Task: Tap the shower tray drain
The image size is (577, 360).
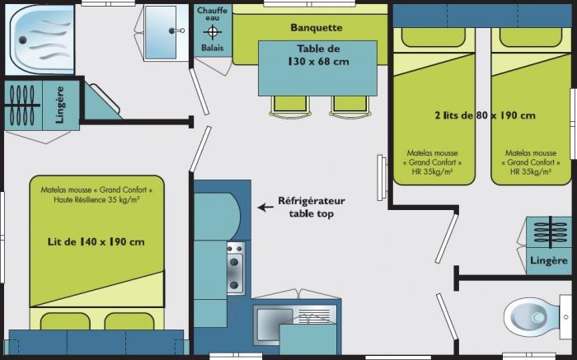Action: (x=22, y=40)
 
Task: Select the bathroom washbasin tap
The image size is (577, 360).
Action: (x=176, y=30)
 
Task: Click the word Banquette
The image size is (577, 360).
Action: (x=317, y=27)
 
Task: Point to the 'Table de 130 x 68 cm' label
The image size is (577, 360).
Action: (x=318, y=55)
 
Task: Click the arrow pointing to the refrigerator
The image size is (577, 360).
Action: (x=265, y=208)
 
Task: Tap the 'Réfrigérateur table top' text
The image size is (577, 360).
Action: (x=312, y=208)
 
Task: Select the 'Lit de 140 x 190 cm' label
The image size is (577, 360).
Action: (x=96, y=241)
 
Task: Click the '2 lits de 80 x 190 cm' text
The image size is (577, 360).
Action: (x=485, y=115)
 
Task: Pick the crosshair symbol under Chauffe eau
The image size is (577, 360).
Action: (x=213, y=32)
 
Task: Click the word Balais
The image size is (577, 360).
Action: (x=213, y=48)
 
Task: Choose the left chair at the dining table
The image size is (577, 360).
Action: (x=289, y=106)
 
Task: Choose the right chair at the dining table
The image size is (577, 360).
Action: (x=350, y=106)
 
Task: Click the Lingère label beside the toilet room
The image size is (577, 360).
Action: (x=549, y=260)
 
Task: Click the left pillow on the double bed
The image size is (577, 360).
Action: (x=65, y=321)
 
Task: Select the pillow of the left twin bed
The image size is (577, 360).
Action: (x=434, y=37)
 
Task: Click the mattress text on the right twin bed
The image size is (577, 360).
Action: (x=531, y=162)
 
